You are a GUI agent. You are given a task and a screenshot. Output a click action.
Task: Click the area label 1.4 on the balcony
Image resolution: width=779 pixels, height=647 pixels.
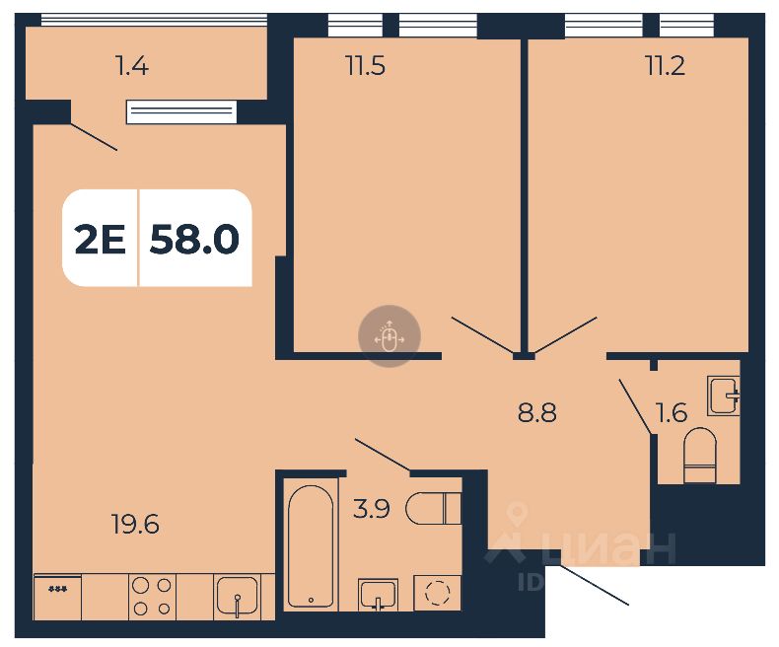[x=131, y=67]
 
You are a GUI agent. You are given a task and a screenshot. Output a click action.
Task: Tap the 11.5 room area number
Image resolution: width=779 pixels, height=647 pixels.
[x=364, y=67]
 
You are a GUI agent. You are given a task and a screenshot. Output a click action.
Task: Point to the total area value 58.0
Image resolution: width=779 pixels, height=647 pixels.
[x=194, y=239]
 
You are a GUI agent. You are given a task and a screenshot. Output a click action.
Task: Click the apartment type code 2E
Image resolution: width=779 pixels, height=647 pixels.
[x=101, y=239]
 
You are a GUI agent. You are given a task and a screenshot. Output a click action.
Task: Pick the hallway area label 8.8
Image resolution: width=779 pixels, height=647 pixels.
[x=537, y=412]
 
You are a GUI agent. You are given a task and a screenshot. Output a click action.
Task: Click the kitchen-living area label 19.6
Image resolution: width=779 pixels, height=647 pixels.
[x=135, y=524]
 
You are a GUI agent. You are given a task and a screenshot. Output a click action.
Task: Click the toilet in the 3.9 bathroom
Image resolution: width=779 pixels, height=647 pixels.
[x=434, y=507]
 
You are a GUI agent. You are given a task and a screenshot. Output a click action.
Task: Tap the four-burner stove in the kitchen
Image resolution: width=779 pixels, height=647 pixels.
[x=152, y=597]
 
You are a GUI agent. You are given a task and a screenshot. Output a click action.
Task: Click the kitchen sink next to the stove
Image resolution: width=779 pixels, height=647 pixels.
[x=237, y=597]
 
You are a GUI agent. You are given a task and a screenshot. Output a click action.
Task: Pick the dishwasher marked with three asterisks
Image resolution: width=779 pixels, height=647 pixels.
[x=57, y=597]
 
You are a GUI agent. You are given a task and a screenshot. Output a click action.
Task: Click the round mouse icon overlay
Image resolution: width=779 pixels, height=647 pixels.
[x=389, y=336]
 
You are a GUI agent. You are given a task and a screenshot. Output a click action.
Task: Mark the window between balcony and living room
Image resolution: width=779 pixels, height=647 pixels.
[x=181, y=110]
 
